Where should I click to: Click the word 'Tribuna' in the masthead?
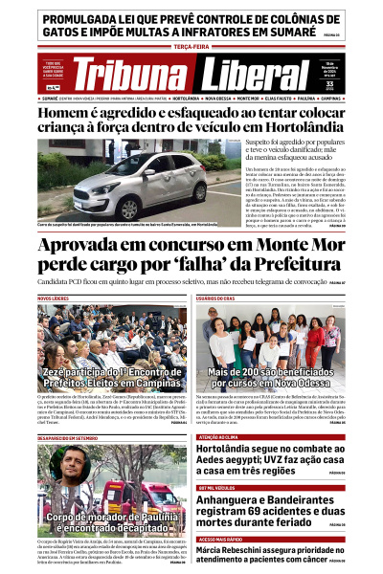pos(132,76)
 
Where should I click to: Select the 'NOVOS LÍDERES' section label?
pos(54,298)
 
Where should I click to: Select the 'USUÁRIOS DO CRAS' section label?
pos(218,298)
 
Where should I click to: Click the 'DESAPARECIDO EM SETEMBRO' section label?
pos(68,437)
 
